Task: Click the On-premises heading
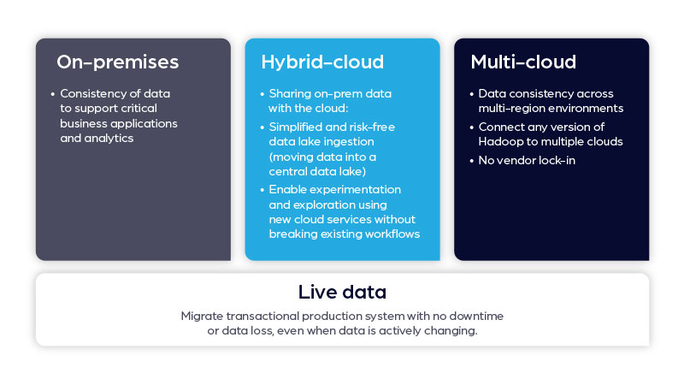117,62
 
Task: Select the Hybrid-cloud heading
322,62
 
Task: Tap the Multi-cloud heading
523,62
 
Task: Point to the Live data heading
341,292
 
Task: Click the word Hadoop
504,141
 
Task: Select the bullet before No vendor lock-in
471,160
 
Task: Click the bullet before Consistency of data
52,93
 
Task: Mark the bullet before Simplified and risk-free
262,126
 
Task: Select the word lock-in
555,160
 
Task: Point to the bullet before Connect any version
471,127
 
